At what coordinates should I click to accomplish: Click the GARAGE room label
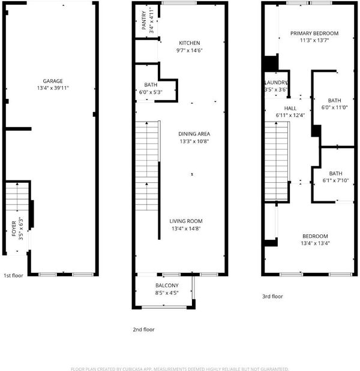53,81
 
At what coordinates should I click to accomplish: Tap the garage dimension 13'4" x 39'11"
53,88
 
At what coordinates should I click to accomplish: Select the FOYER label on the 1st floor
14,228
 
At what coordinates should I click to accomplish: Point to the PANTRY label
144,20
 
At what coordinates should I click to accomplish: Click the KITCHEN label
190,43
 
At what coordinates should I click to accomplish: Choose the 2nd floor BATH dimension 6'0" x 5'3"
151,92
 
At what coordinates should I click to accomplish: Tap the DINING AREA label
194,134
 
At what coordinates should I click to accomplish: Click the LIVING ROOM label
186,221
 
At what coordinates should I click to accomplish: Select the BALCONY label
167,285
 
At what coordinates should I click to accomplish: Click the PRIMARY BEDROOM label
314,34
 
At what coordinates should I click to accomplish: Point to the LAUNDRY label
276,83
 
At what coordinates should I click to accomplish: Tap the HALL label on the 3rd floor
290,108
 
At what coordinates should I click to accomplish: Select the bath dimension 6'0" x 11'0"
334,107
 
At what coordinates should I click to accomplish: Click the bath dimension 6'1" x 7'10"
335,180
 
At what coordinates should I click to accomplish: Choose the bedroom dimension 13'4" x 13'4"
315,243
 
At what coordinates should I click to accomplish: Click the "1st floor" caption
13,276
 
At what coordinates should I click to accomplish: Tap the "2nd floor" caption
144,330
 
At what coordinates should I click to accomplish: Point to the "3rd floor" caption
272,297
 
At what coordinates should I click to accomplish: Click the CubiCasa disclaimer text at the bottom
180,369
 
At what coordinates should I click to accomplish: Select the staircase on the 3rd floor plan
277,161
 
